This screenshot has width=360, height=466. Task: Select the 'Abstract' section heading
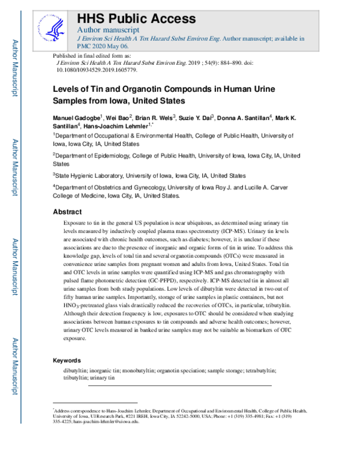click(67, 211)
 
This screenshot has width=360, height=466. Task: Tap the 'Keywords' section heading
click(67, 360)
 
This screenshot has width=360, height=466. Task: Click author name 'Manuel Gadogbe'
click(76, 117)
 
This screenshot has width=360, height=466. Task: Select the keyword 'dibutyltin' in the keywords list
click(77, 371)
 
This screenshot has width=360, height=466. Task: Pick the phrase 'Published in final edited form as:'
click(93, 55)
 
